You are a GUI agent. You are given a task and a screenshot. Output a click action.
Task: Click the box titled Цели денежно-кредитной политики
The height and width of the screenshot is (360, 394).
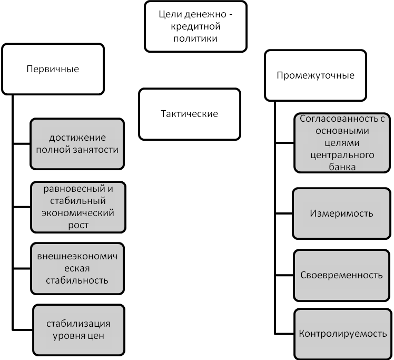pyautogui.click(x=195, y=26)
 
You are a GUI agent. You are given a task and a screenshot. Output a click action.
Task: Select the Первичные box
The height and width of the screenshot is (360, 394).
pyautogui.click(x=53, y=69)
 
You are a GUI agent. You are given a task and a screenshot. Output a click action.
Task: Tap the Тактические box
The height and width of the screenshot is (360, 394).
pyautogui.click(x=190, y=114)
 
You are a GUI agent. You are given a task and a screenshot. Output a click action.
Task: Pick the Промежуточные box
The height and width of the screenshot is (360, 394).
pyautogui.click(x=316, y=75)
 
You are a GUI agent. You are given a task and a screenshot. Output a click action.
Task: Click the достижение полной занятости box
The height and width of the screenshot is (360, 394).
pyautogui.click(x=77, y=144)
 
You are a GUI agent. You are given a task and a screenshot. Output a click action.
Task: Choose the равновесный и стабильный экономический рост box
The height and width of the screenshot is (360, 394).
pyautogui.click(x=78, y=207)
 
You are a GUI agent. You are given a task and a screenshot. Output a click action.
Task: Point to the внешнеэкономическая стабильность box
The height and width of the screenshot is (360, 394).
pyautogui.click(x=77, y=268)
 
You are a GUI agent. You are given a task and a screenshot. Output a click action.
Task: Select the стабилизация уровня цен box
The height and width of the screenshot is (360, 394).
pyautogui.click(x=78, y=330)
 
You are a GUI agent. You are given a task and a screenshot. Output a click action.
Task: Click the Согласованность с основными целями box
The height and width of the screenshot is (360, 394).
pyautogui.click(x=342, y=143)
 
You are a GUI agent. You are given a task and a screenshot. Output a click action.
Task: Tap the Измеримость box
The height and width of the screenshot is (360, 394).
pyautogui.click(x=341, y=213)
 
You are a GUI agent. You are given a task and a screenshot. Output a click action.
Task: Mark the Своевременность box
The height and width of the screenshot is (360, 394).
pyautogui.click(x=341, y=275)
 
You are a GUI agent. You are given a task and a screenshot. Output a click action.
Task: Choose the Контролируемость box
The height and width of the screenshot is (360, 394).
pyautogui.click(x=343, y=334)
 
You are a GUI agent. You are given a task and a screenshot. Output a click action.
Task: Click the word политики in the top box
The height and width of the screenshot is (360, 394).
pyautogui.click(x=195, y=38)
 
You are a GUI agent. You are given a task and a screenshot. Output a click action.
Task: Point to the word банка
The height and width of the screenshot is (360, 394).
pyautogui.click(x=342, y=167)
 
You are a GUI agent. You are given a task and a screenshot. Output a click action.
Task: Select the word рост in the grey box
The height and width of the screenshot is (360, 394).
pyautogui.click(x=78, y=225)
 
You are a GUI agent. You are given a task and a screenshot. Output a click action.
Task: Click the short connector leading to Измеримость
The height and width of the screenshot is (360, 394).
pyautogui.click(x=284, y=213)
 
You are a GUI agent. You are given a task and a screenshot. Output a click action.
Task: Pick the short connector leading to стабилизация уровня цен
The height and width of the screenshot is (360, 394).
pyautogui.click(x=23, y=329)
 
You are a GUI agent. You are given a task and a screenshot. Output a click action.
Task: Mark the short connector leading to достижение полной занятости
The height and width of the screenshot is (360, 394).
pyautogui.click(x=22, y=144)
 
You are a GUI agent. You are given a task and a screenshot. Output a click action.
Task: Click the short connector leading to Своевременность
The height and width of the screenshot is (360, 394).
pyautogui.click(x=284, y=275)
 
